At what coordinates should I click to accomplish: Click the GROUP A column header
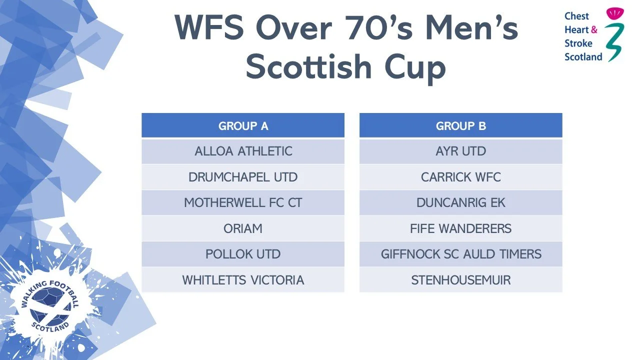(x=243, y=125)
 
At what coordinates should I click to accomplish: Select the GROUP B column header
(x=461, y=125)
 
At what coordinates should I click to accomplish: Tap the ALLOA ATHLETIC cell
(x=243, y=151)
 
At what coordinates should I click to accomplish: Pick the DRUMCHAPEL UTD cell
(x=243, y=177)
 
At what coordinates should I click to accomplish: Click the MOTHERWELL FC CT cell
(x=243, y=203)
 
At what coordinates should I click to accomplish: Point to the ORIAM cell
(x=243, y=228)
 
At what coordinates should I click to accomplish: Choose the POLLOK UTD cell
(x=243, y=254)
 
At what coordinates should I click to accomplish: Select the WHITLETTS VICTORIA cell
(x=243, y=280)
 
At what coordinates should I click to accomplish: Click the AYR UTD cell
(x=461, y=151)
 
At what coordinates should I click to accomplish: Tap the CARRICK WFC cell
(x=461, y=177)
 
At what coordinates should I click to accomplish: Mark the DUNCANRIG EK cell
(x=461, y=203)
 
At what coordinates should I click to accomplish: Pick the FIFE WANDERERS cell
(x=461, y=228)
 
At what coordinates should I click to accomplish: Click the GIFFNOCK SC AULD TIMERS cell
(x=461, y=254)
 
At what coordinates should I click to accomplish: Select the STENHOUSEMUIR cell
(x=461, y=280)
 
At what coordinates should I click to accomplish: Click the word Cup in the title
(x=415, y=68)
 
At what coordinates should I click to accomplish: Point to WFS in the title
(x=209, y=27)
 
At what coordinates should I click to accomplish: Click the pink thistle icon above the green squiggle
(x=615, y=13)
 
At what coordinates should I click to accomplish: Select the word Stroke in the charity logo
(x=578, y=43)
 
